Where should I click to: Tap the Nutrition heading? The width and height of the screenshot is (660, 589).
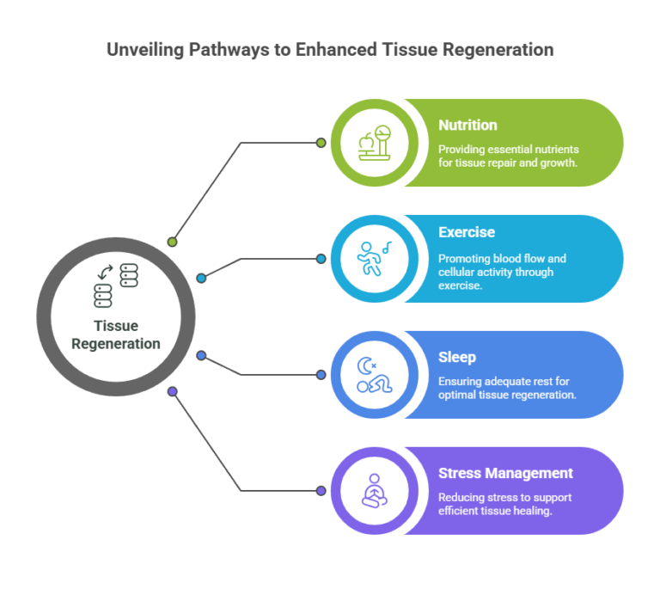(x=467, y=126)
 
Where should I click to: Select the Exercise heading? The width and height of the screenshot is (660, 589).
(x=467, y=232)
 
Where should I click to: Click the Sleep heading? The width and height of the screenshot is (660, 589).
(x=455, y=357)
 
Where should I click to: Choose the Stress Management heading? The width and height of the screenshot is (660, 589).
(x=505, y=473)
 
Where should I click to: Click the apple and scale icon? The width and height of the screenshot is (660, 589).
(x=375, y=143)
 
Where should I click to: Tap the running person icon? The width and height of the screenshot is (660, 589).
(x=375, y=259)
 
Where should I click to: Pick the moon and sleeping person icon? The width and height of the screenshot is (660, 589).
(x=375, y=375)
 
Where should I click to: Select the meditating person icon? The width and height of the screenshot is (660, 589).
(x=375, y=491)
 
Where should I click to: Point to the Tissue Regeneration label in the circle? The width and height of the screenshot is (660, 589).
(x=116, y=335)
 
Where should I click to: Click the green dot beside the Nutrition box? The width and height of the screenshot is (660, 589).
(x=321, y=143)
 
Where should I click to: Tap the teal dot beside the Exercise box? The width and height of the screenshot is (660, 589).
(x=321, y=259)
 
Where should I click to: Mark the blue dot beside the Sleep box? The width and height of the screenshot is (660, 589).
(x=321, y=375)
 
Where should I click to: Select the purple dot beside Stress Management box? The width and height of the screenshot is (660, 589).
(x=321, y=491)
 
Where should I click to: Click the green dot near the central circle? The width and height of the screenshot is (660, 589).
(x=172, y=242)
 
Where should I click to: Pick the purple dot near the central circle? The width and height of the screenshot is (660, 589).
(x=172, y=391)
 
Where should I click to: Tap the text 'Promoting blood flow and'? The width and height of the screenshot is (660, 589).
(x=502, y=258)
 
